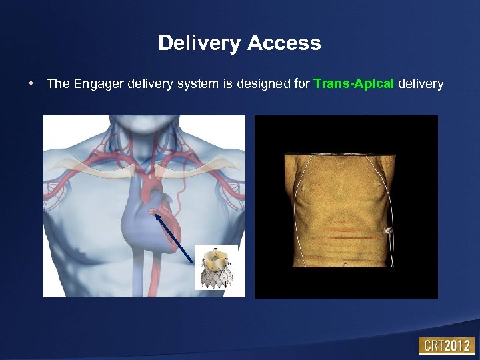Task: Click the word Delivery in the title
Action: pos(200,44)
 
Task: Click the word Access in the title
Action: pos(284,44)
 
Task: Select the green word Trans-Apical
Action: pos(353,84)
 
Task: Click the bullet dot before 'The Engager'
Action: pos(31,84)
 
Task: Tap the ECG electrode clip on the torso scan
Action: pos(389,231)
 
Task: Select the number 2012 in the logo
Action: pos(459,346)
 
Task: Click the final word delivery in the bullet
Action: pos(420,84)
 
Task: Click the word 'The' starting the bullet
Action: pos(57,84)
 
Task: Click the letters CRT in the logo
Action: pos(433,346)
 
